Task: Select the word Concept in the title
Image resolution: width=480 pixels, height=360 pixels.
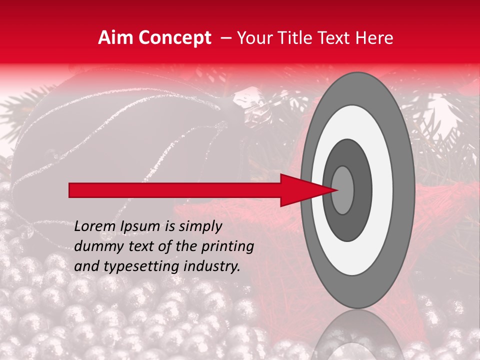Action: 174,38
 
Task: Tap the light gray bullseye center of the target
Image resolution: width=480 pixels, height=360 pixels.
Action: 342,190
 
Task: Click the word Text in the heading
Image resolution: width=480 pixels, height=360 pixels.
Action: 336,38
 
